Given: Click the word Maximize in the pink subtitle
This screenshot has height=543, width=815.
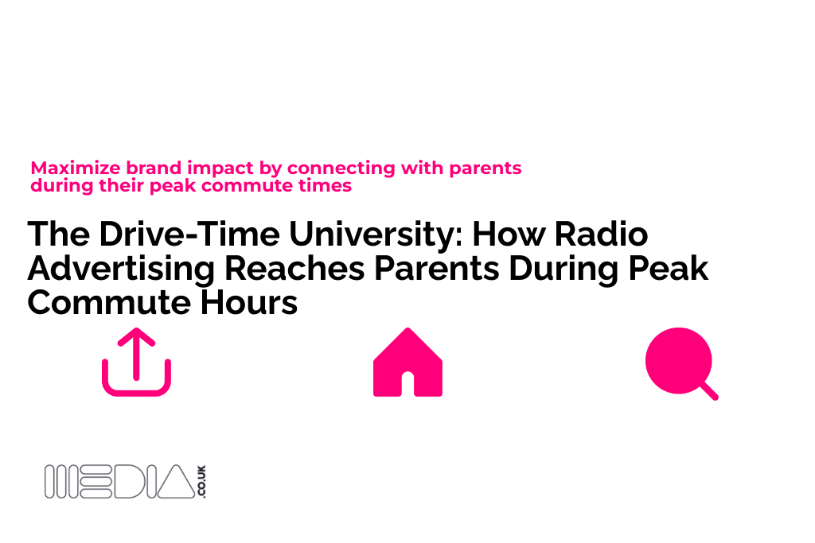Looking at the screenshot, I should point(66,169).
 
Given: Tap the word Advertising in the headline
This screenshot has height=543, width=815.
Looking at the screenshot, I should point(119,269).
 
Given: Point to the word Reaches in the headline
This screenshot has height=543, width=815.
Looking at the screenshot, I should point(291,269).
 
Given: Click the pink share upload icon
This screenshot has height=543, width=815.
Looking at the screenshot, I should point(136,363).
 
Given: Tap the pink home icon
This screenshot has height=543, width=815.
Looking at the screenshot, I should point(407,363).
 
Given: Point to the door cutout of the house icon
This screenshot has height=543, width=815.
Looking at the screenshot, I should point(407,385).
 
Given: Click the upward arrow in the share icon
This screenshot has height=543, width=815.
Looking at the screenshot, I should point(136,350).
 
